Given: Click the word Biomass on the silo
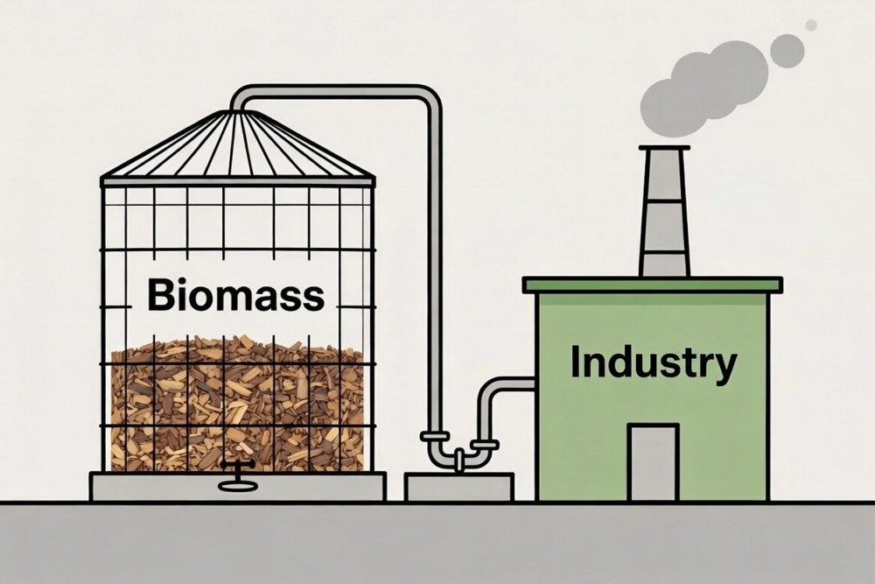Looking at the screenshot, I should pos(236,295).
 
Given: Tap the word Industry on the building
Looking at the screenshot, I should pos(653,362).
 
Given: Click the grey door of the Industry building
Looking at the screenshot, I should pos(653,461).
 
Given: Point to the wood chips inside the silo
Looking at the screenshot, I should pos(236,403).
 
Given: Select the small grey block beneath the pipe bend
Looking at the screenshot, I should pos(458,487).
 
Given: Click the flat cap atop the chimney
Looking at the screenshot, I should pos(664,148).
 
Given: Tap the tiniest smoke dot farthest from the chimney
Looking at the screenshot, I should pos(811,25).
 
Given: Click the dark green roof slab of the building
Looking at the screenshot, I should pos(652,285).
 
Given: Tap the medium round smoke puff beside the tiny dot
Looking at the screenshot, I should pos(787,51).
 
